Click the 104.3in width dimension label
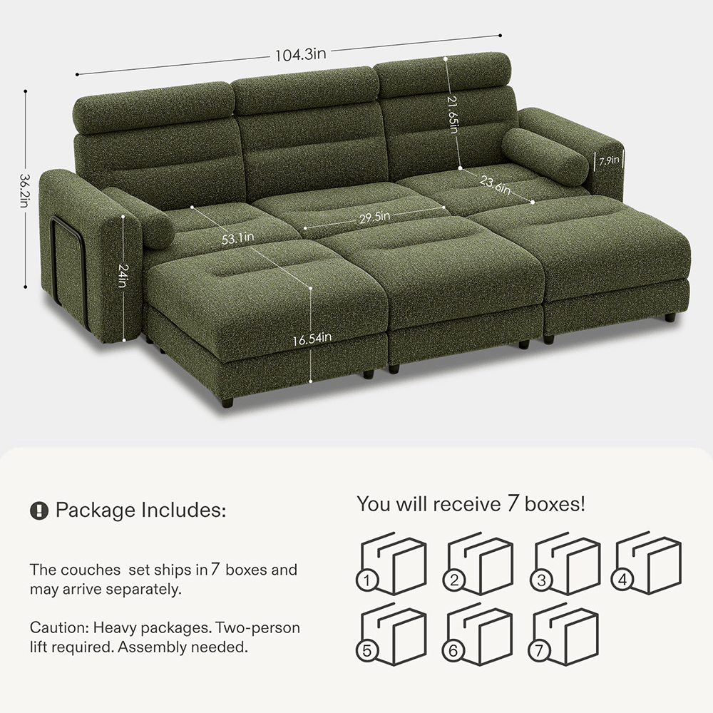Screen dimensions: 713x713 tap(301, 55)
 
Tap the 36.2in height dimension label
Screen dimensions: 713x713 tap(24, 190)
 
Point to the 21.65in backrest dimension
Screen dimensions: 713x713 tap(453, 114)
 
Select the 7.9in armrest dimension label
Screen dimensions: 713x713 tap(608, 161)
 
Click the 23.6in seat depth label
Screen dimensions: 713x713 tap(495, 184)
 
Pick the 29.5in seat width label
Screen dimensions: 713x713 tap(375, 217)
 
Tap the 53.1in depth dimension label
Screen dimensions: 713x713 tap(238, 238)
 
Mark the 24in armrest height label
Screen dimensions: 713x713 tap(123, 275)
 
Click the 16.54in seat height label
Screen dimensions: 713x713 tap(312, 339)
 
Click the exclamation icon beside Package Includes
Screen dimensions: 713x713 tap(39, 511)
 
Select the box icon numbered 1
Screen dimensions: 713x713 tap(391, 564)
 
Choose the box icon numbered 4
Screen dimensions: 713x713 tap(646, 563)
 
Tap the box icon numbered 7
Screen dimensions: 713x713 tap(563, 634)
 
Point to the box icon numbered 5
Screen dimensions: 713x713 tap(391, 634)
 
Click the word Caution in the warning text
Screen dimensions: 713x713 tap(58, 628)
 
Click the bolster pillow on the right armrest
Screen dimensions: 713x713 tap(545, 156)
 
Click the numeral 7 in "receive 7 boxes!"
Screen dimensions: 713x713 tap(513, 504)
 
